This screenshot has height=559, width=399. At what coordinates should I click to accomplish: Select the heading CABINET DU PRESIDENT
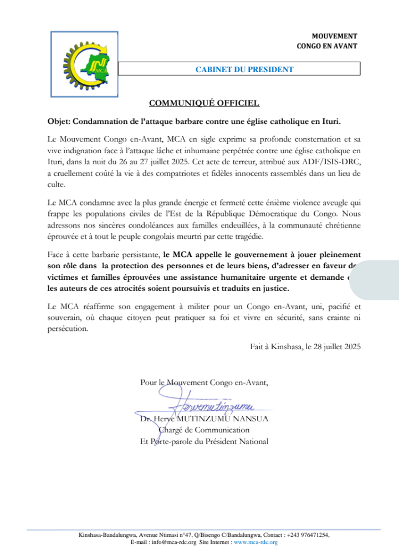[244, 69]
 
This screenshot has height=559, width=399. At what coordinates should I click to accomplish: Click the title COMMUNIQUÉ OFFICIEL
[204, 103]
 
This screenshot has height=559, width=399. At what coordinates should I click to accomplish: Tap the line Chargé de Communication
[204, 430]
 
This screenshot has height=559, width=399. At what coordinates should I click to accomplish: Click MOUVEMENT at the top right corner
[334, 36]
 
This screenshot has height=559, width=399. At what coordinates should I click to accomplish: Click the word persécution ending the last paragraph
[69, 329]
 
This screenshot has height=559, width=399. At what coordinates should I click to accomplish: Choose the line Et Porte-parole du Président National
[204, 441]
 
